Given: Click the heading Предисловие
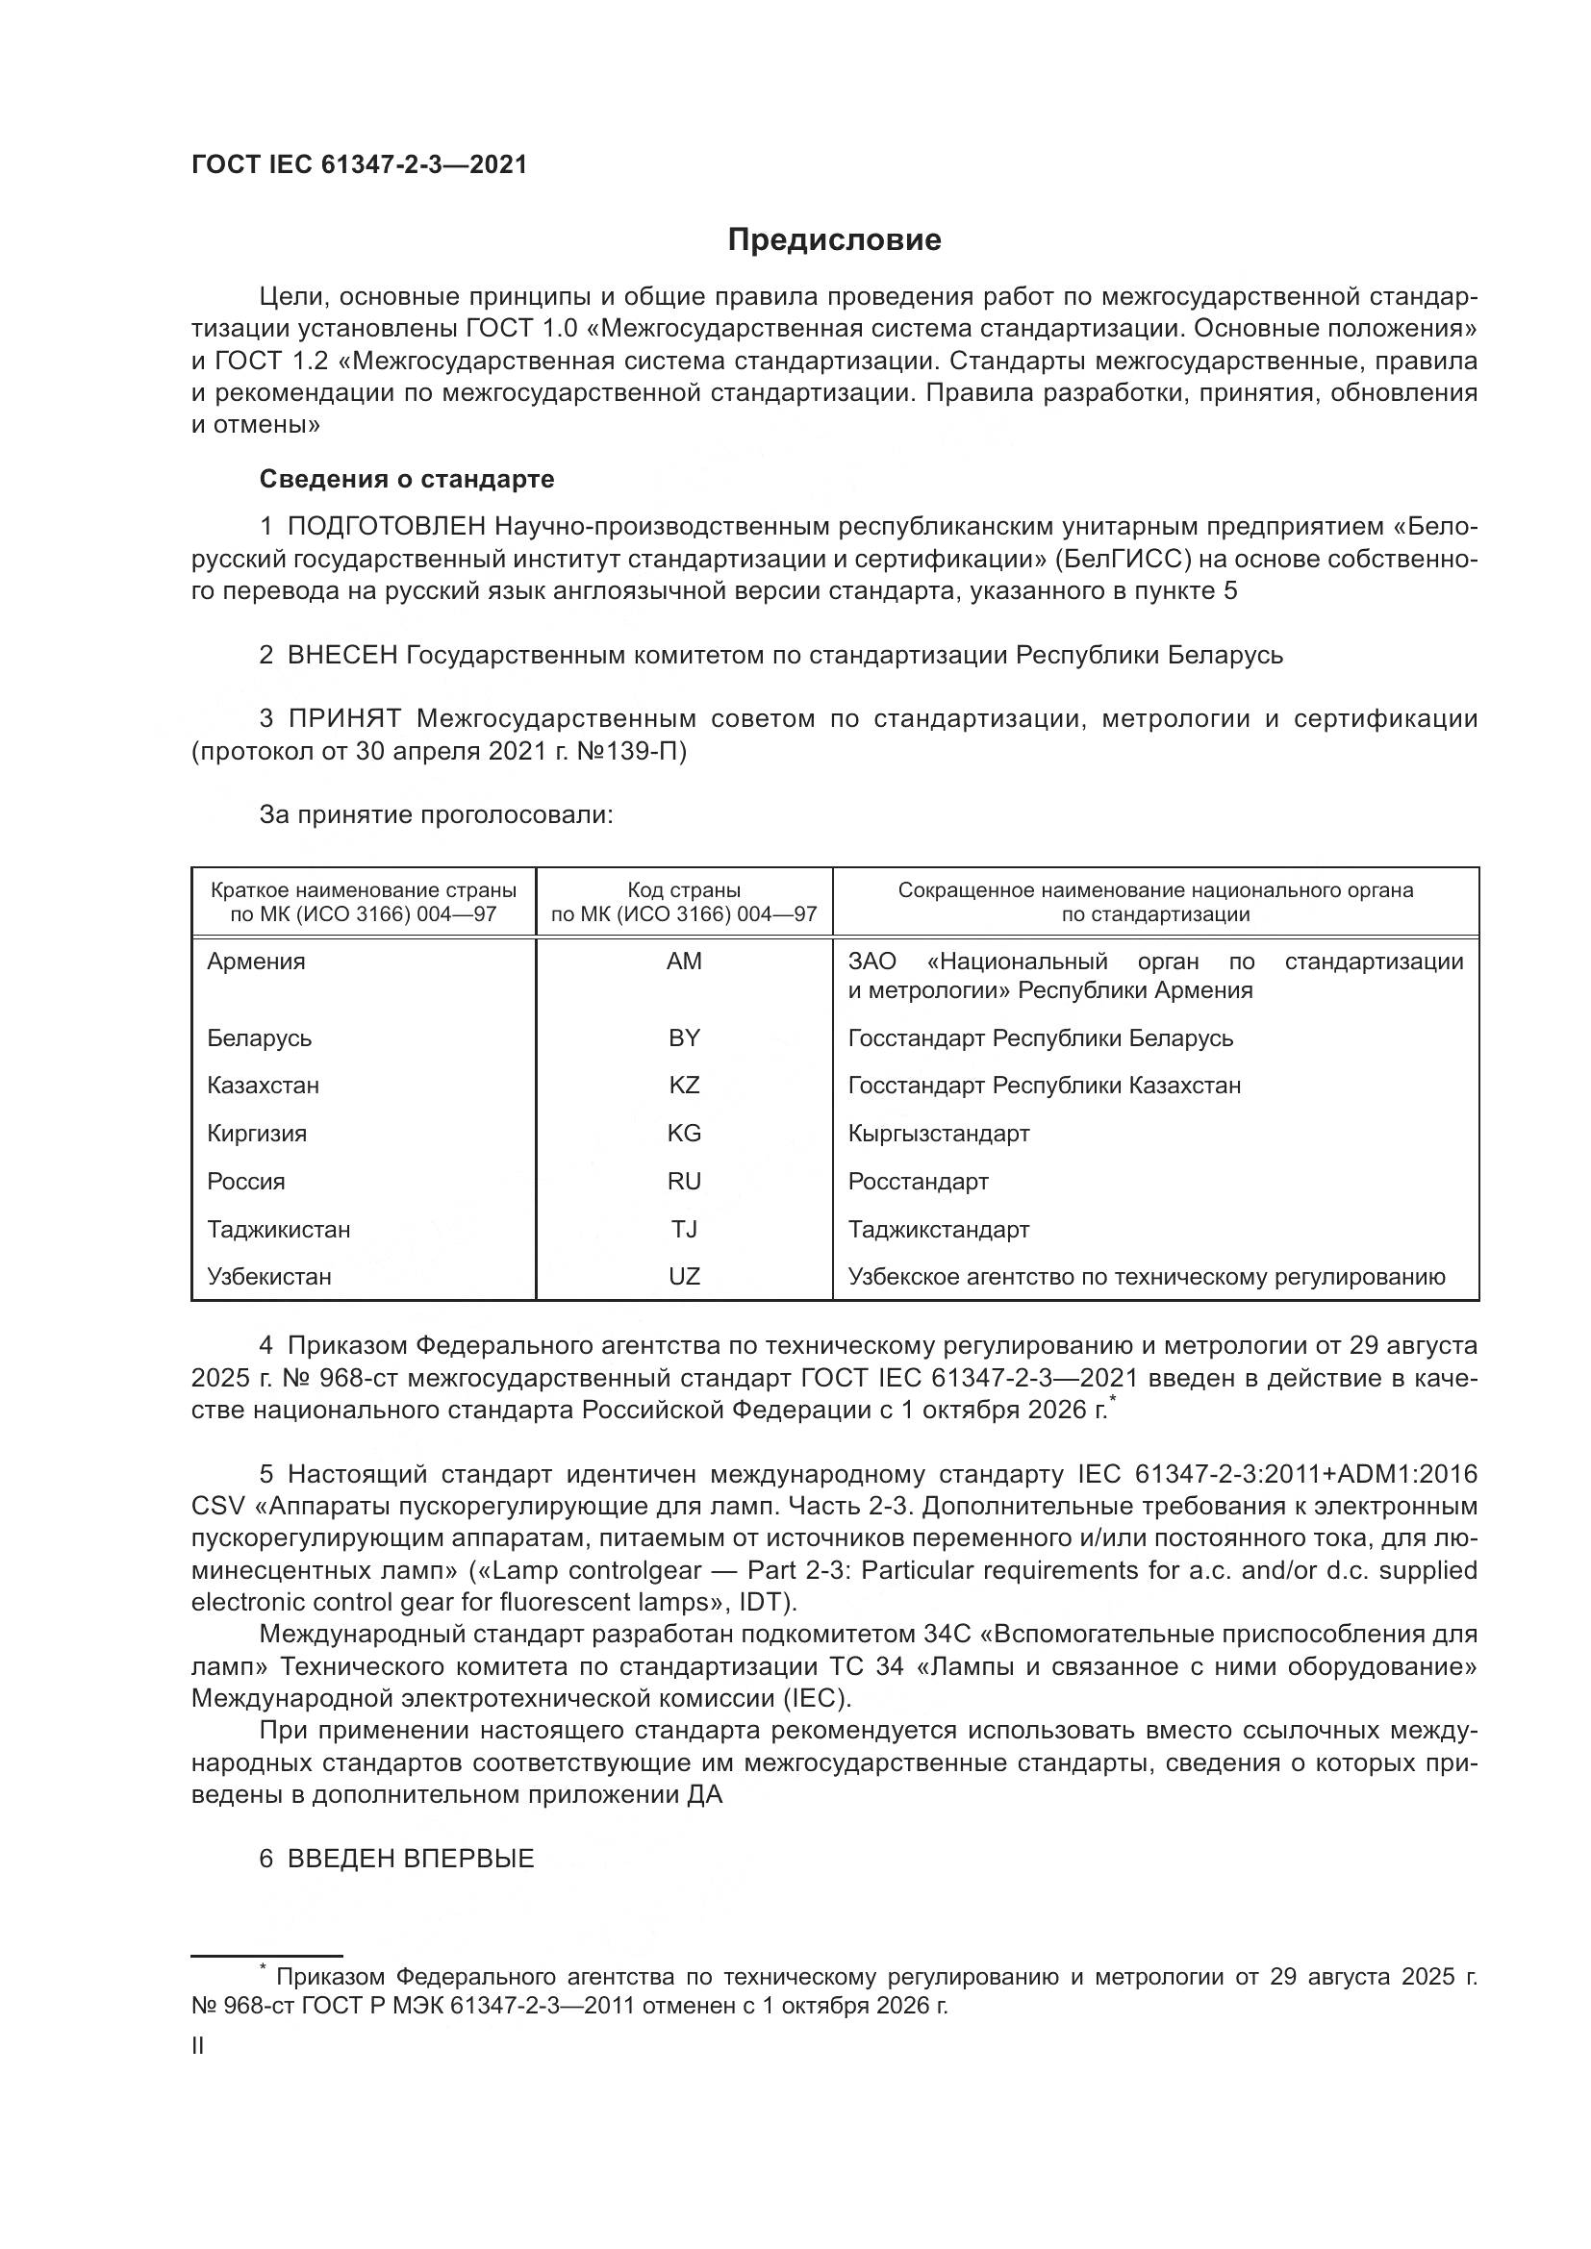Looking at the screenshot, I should point(834,240).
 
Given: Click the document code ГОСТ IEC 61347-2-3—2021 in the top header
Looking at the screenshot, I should point(359,164).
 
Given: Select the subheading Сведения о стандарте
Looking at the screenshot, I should point(407,479).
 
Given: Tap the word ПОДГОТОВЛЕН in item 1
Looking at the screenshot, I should point(386,527).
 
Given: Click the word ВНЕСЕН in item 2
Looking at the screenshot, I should point(341,656).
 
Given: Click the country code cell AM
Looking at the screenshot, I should point(684,961).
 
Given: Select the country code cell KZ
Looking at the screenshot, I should point(684,1086).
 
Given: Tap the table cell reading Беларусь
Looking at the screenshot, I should point(259,1037).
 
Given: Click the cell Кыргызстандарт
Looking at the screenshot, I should point(939,1134).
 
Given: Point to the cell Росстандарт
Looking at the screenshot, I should point(918,1182).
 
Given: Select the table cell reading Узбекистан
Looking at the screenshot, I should point(268,1276).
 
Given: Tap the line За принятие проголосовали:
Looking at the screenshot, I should point(436,815).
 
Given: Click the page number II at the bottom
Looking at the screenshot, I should point(198,2045).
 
